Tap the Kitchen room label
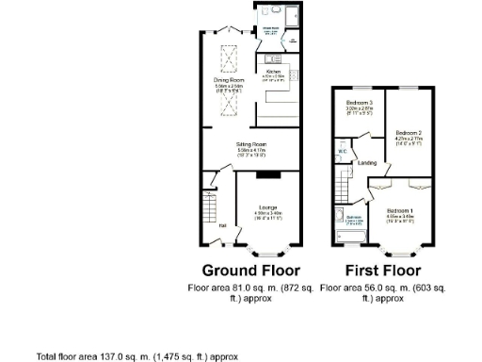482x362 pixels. pyautogui.click(x=274, y=71)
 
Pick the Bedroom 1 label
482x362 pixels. pyautogui.click(x=403, y=210)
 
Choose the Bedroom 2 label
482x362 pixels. pyautogui.click(x=408, y=132)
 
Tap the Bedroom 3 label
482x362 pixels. pyautogui.click(x=360, y=102)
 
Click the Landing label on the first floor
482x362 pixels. pyautogui.click(x=368, y=162)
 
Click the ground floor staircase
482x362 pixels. pyautogui.click(x=209, y=204)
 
